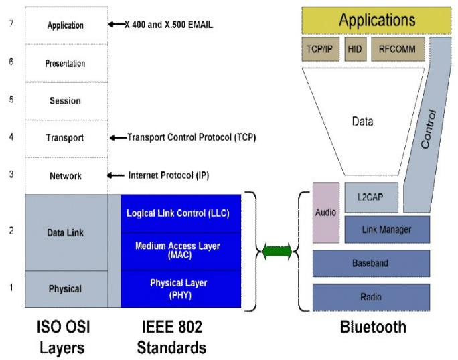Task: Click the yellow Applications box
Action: click(x=376, y=20)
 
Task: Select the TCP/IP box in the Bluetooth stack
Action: click(x=320, y=49)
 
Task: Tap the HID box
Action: click(x=354, y=49)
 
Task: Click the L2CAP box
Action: click(x=371, y=197)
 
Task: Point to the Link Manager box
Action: click(x=386, y=230)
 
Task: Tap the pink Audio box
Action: click(x=325, y=212)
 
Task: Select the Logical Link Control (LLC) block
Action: click(x=180, y=213)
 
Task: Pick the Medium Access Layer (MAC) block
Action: click(x=180, y=250)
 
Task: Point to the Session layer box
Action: click(x=66, y=101)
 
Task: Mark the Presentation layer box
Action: click(x=66, y=64)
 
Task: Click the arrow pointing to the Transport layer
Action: click(x=118, y=138)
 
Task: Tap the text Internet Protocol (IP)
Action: click(x=169, y=175)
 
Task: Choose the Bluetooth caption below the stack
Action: click(x=373, y=327)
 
